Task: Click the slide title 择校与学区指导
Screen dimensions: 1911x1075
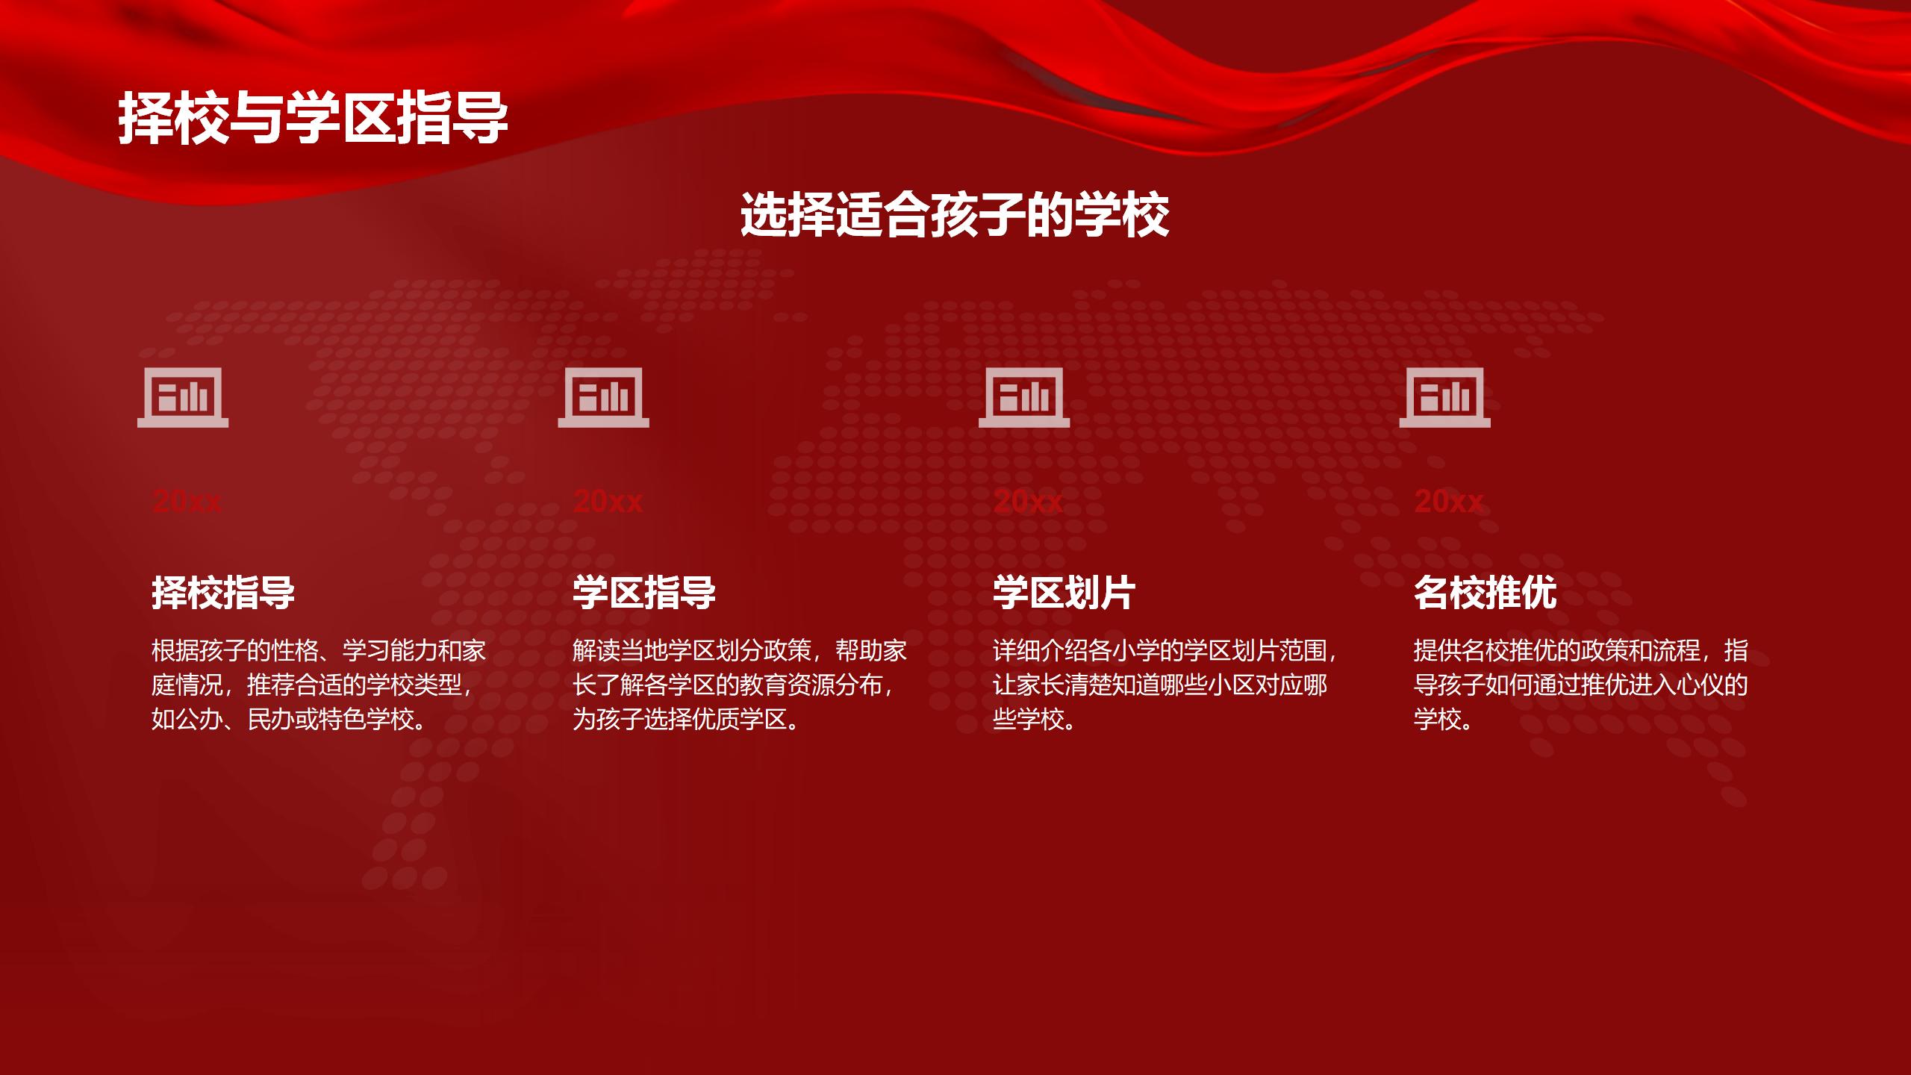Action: tap(313, 117)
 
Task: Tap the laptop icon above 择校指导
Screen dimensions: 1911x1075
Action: tap(183, 397)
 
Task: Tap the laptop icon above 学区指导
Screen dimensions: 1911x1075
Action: tap(603, 397)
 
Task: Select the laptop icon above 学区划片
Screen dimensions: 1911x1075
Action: tap(1024, 397)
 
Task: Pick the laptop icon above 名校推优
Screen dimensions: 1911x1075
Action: tap(1444, 397)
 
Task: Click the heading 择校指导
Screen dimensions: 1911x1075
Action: tap(223, 593)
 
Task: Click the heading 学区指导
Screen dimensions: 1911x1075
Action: tap(644, 593)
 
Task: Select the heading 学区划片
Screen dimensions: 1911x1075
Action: tap(1064, 593)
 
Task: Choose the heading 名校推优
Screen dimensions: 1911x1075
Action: tap(1486, 593)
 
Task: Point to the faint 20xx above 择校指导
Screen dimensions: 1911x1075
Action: tap(187, 501)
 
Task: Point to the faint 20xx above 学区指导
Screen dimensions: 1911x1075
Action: tap(608, 501)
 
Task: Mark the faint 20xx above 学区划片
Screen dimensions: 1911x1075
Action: tap(1028, 501)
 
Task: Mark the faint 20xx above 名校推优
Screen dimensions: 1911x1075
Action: tap(1449, 501)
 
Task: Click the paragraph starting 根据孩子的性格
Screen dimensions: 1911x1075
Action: tap(319, 685)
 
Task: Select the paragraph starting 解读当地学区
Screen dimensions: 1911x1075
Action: tap(740, 685)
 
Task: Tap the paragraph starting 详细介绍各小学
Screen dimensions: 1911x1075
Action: tap(1165, 685)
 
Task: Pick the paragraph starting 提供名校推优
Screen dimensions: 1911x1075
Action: tap(1581, 685)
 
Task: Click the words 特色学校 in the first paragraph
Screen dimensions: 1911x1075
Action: tap(367, 720)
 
